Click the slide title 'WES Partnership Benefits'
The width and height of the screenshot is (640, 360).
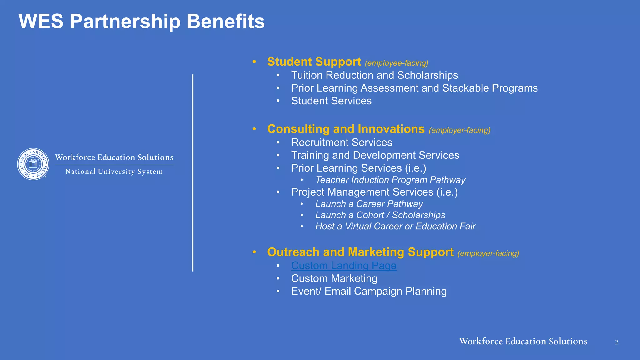coord(142,22)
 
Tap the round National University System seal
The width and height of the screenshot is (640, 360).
coord(33,164)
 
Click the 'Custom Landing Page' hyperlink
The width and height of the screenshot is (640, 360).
coord(344,266)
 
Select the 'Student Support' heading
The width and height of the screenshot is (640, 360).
coord(314,62)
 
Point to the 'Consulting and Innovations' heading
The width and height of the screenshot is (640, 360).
coord(346,129)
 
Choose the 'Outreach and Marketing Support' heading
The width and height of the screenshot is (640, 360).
coord(360,252)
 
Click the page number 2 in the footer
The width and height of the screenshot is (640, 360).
coord(617,342)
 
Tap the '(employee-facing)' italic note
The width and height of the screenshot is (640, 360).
coord(397,63)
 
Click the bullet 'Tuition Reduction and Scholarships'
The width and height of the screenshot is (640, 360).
coord(375,75)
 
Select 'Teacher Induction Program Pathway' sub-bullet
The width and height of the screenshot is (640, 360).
coord(390,180)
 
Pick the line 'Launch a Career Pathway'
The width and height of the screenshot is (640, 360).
coord(369,204)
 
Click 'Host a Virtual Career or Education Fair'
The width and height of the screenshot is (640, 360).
coord(395,226)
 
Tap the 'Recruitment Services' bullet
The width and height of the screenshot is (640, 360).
coord(342,142)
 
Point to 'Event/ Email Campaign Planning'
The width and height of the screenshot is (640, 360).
coord(369,291)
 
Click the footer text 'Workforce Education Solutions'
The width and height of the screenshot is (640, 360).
coord(523,341)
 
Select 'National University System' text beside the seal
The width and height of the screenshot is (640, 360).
coord(114,172)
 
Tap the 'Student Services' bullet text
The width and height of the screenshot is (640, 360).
coord(331,101)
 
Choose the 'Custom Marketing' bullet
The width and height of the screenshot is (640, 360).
coord(334,278)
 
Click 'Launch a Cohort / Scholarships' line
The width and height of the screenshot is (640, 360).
coord(380,215)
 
